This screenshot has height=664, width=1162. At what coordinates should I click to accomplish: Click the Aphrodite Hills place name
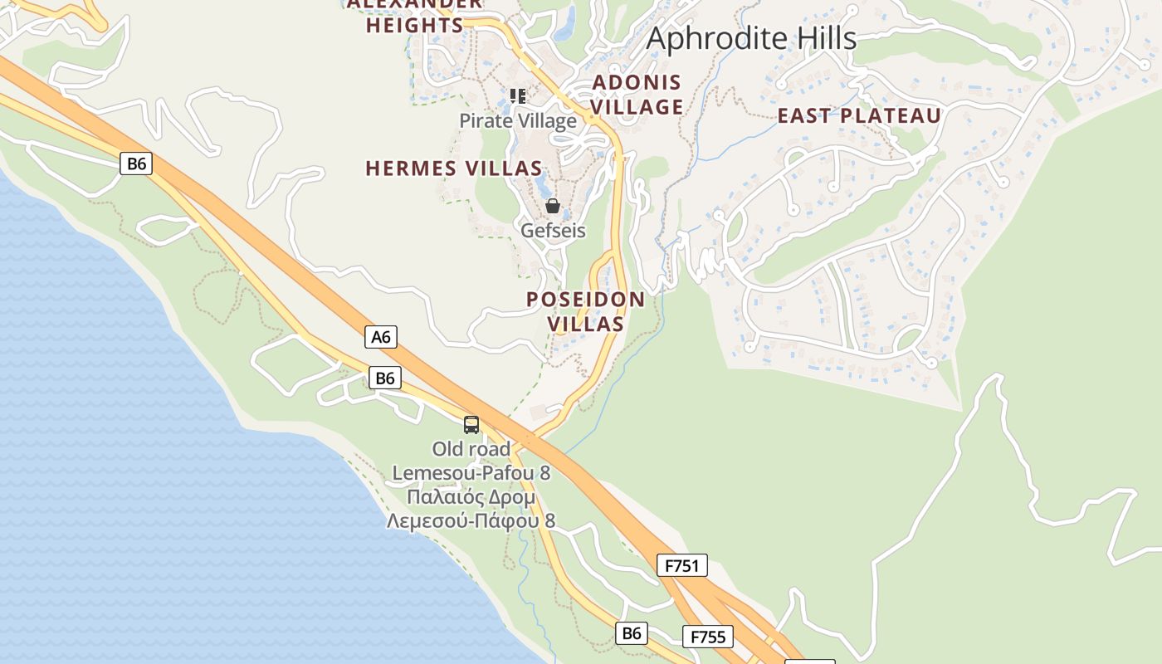click(x=751, y=38)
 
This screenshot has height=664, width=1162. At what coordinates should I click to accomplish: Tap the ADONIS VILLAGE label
click(x=637, y=95)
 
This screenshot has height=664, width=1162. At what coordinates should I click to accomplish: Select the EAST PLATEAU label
click(x=859, y=115)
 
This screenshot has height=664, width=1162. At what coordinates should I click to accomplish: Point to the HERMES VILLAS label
click(x=454, y=168)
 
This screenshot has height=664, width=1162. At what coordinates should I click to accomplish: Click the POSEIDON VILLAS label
click(x=586, y=311)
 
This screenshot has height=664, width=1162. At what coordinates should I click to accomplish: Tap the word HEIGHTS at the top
click(x=415, y=26)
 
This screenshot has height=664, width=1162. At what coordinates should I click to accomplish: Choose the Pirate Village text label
click(x=518, y=121)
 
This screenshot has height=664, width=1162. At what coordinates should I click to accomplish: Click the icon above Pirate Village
click(x=518, y=96)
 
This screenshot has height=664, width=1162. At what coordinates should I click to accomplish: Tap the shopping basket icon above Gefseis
click(x=553, y=206)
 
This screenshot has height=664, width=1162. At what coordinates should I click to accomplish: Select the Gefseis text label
click(x=553, y=231)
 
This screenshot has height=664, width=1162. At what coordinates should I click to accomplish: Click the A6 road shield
click(x=380, y=337)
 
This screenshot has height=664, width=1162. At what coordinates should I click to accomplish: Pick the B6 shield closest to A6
click(x=384, y=378)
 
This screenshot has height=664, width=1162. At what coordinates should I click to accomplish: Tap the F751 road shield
click(x=682, y=566)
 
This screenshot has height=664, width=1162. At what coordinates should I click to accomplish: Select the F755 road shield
click(x=708, y=637)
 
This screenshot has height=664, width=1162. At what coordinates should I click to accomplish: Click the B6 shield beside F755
click(x=632, y=633)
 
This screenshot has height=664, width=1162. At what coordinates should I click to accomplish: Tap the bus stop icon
click(x=471, y=425)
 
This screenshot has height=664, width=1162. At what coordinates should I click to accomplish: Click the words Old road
click(x=471, y=449)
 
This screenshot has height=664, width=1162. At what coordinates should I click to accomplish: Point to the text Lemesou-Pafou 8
click(x=471, y=473)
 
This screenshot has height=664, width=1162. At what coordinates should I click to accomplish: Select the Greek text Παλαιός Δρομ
click(x=471, y=497)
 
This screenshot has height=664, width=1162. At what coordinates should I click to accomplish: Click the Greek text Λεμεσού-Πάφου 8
click(x=471, y=521)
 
